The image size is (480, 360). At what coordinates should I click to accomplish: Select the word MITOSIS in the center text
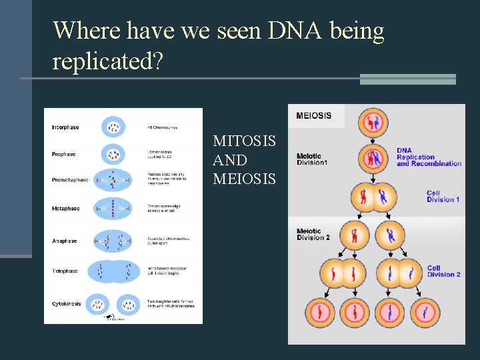pos(244,141)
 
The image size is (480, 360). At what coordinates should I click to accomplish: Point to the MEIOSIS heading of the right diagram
pos(313,115)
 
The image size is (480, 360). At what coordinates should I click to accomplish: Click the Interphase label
pos(65,127)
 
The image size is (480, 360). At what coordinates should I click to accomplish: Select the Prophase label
pos(64,154)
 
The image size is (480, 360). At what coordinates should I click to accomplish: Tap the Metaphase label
pos(65,209)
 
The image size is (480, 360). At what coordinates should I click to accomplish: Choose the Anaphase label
pos(65,241)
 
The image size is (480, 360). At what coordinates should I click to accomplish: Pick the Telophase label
pos(65,271)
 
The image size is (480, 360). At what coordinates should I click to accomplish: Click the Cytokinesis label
pos(67,303)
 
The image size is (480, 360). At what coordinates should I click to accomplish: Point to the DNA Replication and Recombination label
pos(429,157)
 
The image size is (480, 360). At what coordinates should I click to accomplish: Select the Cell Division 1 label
pos(443,196)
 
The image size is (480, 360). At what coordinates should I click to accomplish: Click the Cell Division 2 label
pos(443,271)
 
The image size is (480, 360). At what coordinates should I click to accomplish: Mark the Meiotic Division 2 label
pos(313,235)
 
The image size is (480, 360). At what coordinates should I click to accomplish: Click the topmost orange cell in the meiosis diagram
pos(373,123)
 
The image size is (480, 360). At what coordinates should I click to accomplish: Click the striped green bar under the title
pos(407,79)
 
